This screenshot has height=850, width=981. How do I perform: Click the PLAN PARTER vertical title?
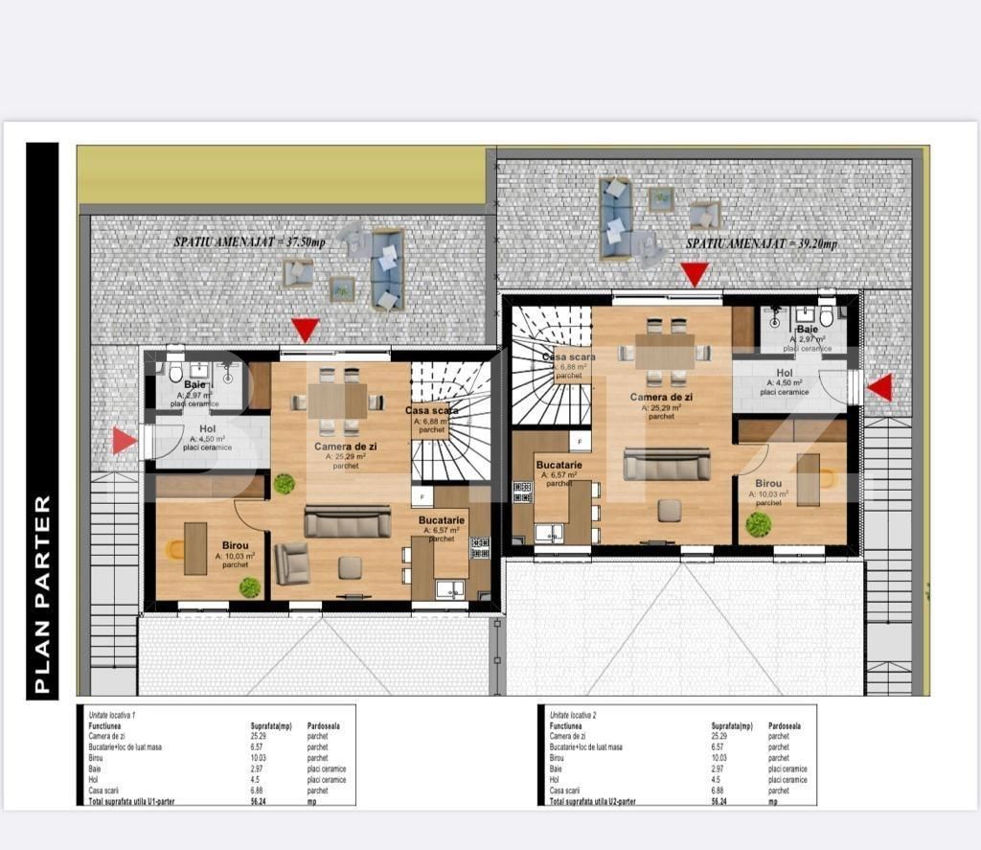click(41, 594)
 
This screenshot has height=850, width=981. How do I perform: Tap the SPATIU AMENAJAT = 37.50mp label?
click(249, 242)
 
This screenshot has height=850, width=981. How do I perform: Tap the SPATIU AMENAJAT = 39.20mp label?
click(762, 244)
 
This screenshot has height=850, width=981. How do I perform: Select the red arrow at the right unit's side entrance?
click(880, 387)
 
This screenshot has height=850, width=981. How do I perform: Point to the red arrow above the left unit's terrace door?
click(305, 331)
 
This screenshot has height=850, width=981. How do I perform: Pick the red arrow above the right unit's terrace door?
click(695, 274)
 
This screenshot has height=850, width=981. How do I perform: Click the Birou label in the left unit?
click(235, 544)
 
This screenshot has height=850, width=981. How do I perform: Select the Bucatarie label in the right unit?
click(559, 463)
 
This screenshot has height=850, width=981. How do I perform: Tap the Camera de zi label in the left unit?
click(346, 446)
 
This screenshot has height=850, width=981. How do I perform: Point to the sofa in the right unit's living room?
click(667, 465)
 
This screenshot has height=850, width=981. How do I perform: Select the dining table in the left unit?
click(336, 401)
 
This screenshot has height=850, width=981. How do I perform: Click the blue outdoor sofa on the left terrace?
click(388, 268)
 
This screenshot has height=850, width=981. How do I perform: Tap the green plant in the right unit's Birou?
click(759, 524)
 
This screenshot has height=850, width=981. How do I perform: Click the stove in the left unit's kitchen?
click(480, 548)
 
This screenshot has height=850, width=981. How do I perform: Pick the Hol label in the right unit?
click(785, 373)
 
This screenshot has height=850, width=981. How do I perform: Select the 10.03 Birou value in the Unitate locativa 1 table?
click(258, 757)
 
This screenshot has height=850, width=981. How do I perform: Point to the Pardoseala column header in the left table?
click(324, 726)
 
